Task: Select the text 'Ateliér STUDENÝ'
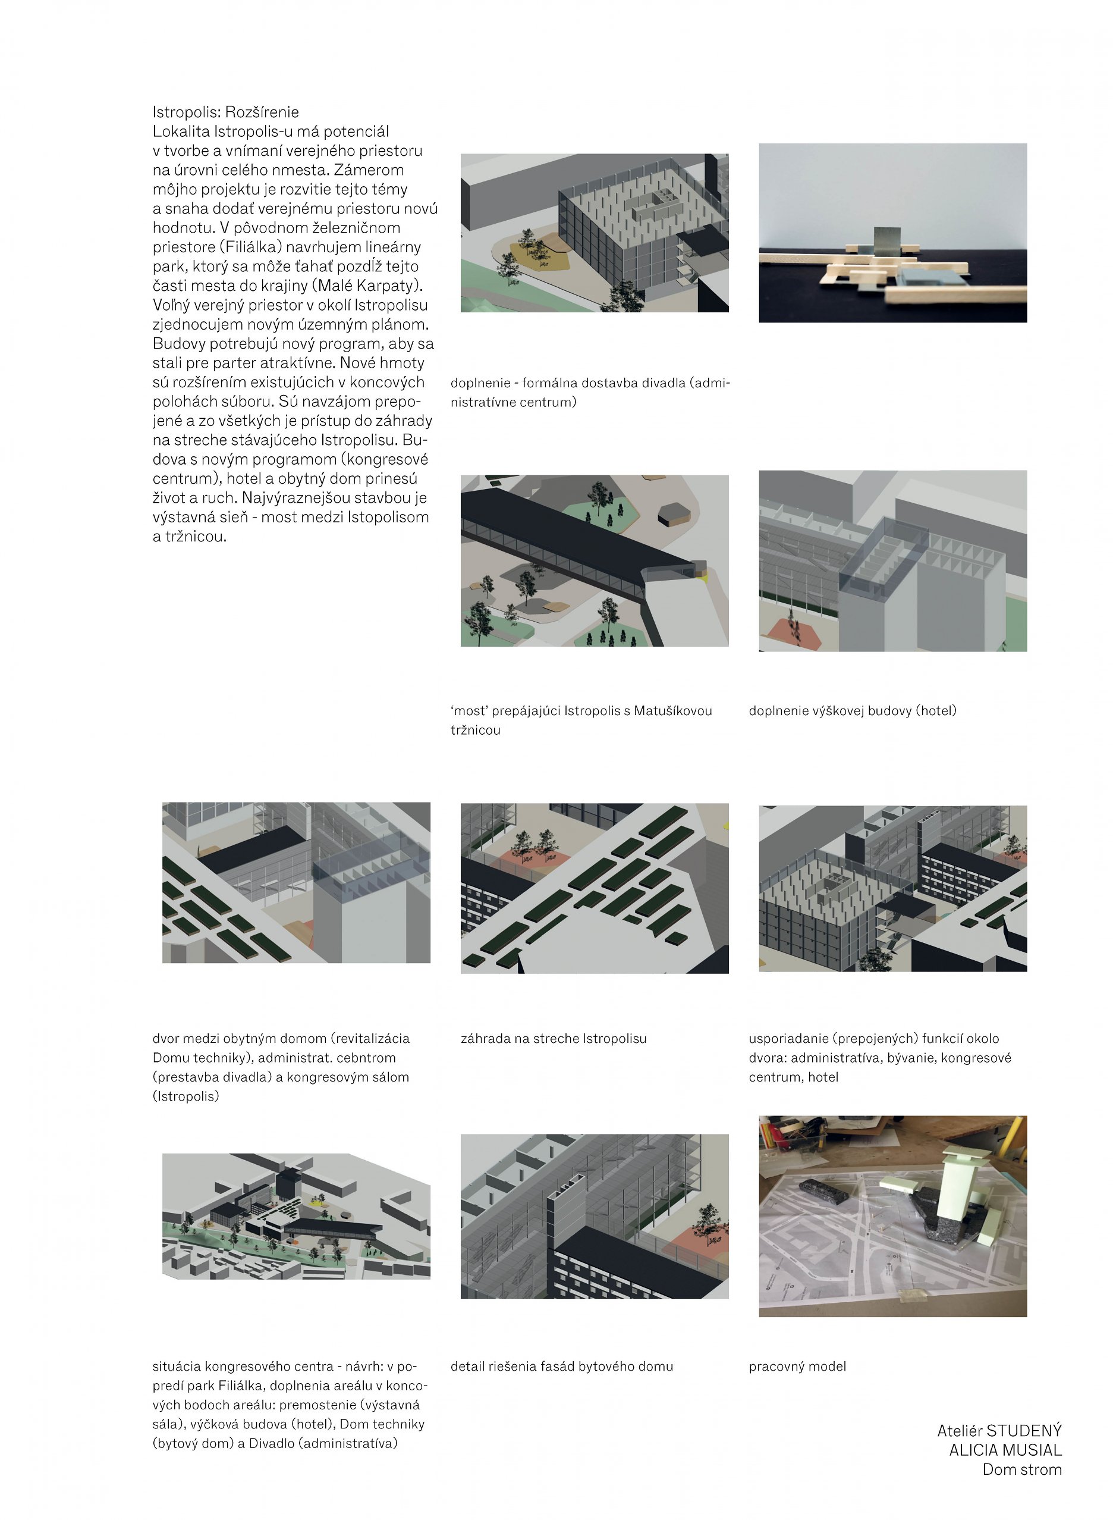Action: coord(998,1430)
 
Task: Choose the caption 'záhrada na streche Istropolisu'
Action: coord(553,1038)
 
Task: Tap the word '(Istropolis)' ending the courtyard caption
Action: coord(186,1096)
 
